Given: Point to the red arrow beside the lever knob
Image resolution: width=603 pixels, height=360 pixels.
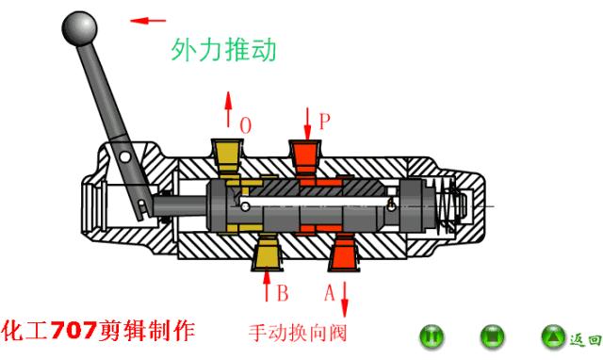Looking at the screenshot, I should click(x=148, y=19).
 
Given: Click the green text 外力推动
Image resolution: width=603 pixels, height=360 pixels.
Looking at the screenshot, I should click(x=224, y=50).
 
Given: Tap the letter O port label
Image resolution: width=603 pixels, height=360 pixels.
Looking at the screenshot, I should click(x=246, y=124).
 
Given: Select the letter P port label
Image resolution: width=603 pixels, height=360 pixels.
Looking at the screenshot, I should click(x=324, y=122).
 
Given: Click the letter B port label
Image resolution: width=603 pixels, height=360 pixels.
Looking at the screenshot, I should click(x=282, y=292).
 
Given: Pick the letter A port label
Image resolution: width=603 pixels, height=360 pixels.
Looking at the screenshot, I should click(x=329, y=292).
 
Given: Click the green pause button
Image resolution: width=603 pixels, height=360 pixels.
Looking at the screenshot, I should click(x=432, y=335).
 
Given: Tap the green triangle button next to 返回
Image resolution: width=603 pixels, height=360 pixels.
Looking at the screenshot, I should click(x=550, y=335).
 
